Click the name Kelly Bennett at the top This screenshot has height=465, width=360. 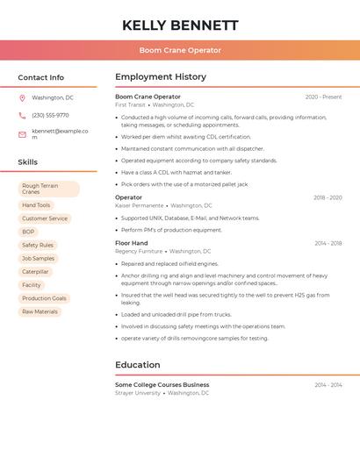pos(180,25)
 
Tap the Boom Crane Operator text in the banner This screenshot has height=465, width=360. pos(180,50)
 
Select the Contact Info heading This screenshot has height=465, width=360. pos(41,77)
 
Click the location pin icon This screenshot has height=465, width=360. pos(22,98)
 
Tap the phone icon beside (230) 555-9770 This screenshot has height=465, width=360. pos(22,116)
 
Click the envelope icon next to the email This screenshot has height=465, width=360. pos(22,134)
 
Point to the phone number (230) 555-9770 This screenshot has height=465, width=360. pos(50,116)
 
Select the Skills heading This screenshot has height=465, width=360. pos(28,162)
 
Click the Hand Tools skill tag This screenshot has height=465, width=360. pos(36,205)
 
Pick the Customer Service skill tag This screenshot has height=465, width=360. pos(45,218)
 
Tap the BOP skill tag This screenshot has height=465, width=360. pos(28,232)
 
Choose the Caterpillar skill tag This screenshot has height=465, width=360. pos(36,272)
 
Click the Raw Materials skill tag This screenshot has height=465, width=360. pos(40,311)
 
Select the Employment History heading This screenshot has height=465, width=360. pos(161,77)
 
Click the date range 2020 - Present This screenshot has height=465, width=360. pos(323,97)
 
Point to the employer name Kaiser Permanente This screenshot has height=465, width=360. pos(139,205)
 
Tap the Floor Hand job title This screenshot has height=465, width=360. pos(132,243)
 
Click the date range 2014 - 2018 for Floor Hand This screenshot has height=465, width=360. pos(328,243)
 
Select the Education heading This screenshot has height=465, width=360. pos(138,365)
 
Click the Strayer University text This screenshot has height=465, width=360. pos(138,393)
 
